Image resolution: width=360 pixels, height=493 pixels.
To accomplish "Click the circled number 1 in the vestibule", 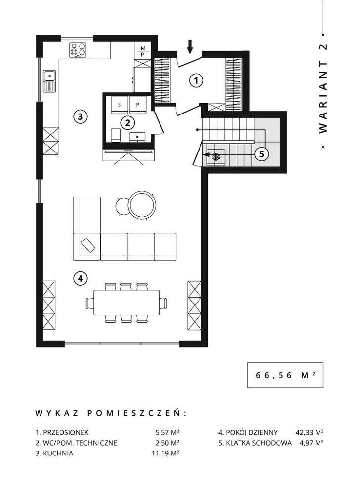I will [197, 80].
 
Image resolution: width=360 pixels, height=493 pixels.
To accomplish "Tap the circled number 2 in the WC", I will [127, 121].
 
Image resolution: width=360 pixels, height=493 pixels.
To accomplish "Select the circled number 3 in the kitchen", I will [80, 117].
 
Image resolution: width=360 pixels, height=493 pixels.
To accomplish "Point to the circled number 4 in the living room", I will [80, 279].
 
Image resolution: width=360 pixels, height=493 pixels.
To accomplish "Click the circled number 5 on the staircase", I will [262, 153].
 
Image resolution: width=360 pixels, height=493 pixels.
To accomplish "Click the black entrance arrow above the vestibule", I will [191, 46].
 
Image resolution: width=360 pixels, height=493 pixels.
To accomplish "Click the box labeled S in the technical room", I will [120, 104].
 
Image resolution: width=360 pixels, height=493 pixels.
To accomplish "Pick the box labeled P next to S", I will [138, 104].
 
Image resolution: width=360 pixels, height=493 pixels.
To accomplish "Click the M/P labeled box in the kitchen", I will [142, 51].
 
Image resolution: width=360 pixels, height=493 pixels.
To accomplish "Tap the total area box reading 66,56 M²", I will [285, 375].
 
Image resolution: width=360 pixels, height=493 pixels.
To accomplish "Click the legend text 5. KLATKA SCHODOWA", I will [255, 443].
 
